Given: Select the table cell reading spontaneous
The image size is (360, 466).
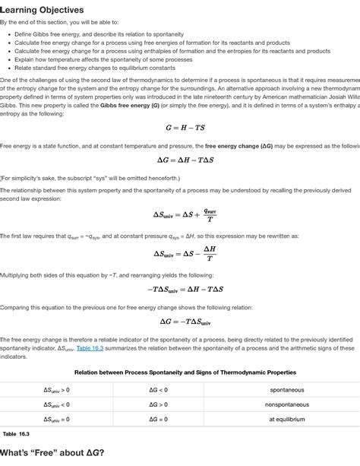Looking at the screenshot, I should coord(286,390).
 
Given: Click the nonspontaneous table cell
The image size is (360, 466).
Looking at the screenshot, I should coord(286,404).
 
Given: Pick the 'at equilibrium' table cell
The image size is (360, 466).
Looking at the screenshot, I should coord(286,419).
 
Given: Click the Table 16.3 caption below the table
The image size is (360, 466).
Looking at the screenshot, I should coord(16,433).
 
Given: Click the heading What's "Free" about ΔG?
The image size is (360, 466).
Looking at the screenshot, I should coord(52,453).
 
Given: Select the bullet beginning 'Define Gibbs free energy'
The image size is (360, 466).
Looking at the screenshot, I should coord(99,35).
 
